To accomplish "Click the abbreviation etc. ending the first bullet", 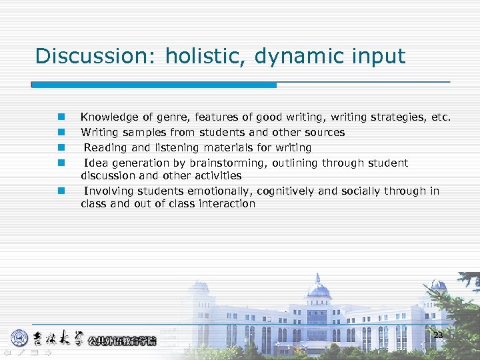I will [441, 117].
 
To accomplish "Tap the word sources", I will [323, 133].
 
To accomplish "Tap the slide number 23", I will [438, 335].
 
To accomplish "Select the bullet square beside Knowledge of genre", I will [61, 117].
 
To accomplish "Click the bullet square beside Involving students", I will [61, 191].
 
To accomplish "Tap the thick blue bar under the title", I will [154, 85].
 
